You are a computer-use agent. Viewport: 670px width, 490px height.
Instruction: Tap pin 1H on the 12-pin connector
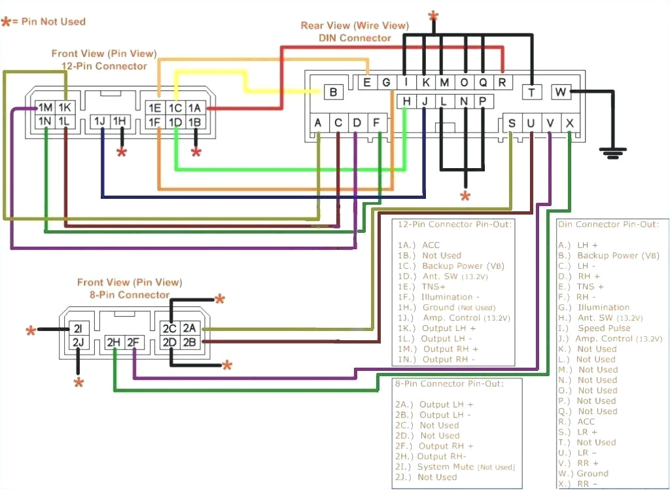(120, 121)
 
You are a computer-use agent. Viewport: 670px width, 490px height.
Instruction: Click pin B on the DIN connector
(333, 92)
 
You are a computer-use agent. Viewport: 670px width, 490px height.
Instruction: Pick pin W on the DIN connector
(561, 92)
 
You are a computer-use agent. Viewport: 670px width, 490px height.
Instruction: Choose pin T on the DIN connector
(532, 92)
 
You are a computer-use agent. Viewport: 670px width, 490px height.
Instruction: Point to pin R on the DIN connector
(502, 82)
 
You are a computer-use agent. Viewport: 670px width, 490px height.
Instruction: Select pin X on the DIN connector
(569, 122)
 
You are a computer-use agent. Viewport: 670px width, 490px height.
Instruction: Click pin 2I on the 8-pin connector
(77, 328)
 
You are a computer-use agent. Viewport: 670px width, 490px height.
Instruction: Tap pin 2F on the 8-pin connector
(133, 341)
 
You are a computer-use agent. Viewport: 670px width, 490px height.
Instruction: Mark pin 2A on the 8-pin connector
(190, 328)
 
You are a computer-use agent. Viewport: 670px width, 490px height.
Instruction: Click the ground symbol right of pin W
(611, 153)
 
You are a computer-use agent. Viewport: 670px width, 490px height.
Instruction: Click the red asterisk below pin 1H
(121, 153)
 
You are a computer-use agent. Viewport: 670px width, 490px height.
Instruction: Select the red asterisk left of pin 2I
(31, 330)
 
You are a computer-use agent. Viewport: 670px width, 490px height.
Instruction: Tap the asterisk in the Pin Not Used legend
(7, 22)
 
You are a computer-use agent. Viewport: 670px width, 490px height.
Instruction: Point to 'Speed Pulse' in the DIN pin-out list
(604, 328)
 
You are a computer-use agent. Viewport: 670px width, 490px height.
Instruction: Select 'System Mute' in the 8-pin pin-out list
(446, 466)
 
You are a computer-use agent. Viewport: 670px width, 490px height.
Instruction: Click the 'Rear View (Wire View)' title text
(355, 26)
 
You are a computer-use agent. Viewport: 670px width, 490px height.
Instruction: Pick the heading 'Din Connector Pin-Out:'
(608, 224)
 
